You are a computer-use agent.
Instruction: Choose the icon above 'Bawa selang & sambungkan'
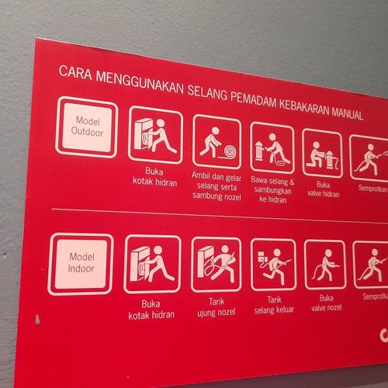pos(272,147)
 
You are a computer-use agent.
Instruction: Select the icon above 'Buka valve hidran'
pos(322,152)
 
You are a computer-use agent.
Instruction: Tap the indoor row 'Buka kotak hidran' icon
pos(152,264)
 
